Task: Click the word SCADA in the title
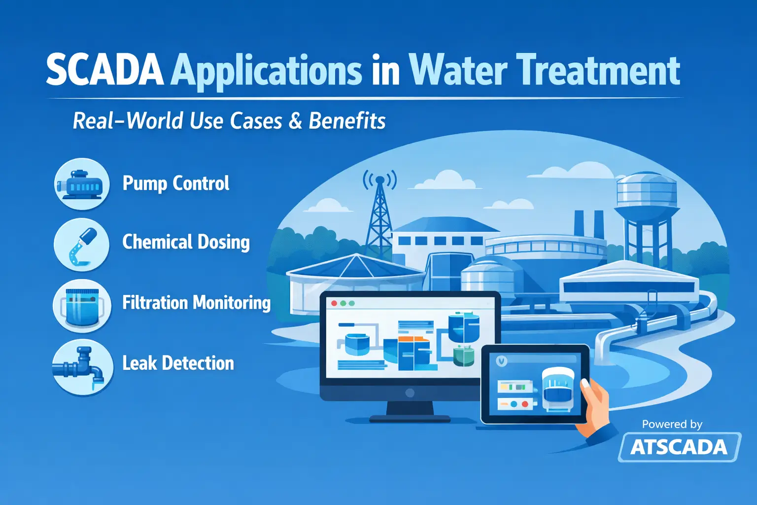(x=105, y=71)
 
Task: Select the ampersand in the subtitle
(x=295, y=121)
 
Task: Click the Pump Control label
(x=176, y=183)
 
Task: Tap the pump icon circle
(x=82, y=184)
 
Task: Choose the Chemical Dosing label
(x=186, y=243)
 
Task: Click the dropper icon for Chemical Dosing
(x=82, y=245)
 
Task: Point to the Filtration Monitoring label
(x=196, y=303)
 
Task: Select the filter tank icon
(x=82, y=306)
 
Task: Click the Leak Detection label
(x=178, y=363)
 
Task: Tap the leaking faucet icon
(x=81, y=366)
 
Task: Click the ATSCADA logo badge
(x=680, y=447)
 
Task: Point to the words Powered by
(x=672, y=424)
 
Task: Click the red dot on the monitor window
(x=334, y=303)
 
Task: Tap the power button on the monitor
(x=410, y=393)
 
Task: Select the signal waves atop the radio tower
(x=379, y=179)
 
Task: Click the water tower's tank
(x=647, y=193)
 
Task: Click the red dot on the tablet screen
(x=525, y=404)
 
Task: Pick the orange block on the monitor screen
(x=414, y=340)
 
